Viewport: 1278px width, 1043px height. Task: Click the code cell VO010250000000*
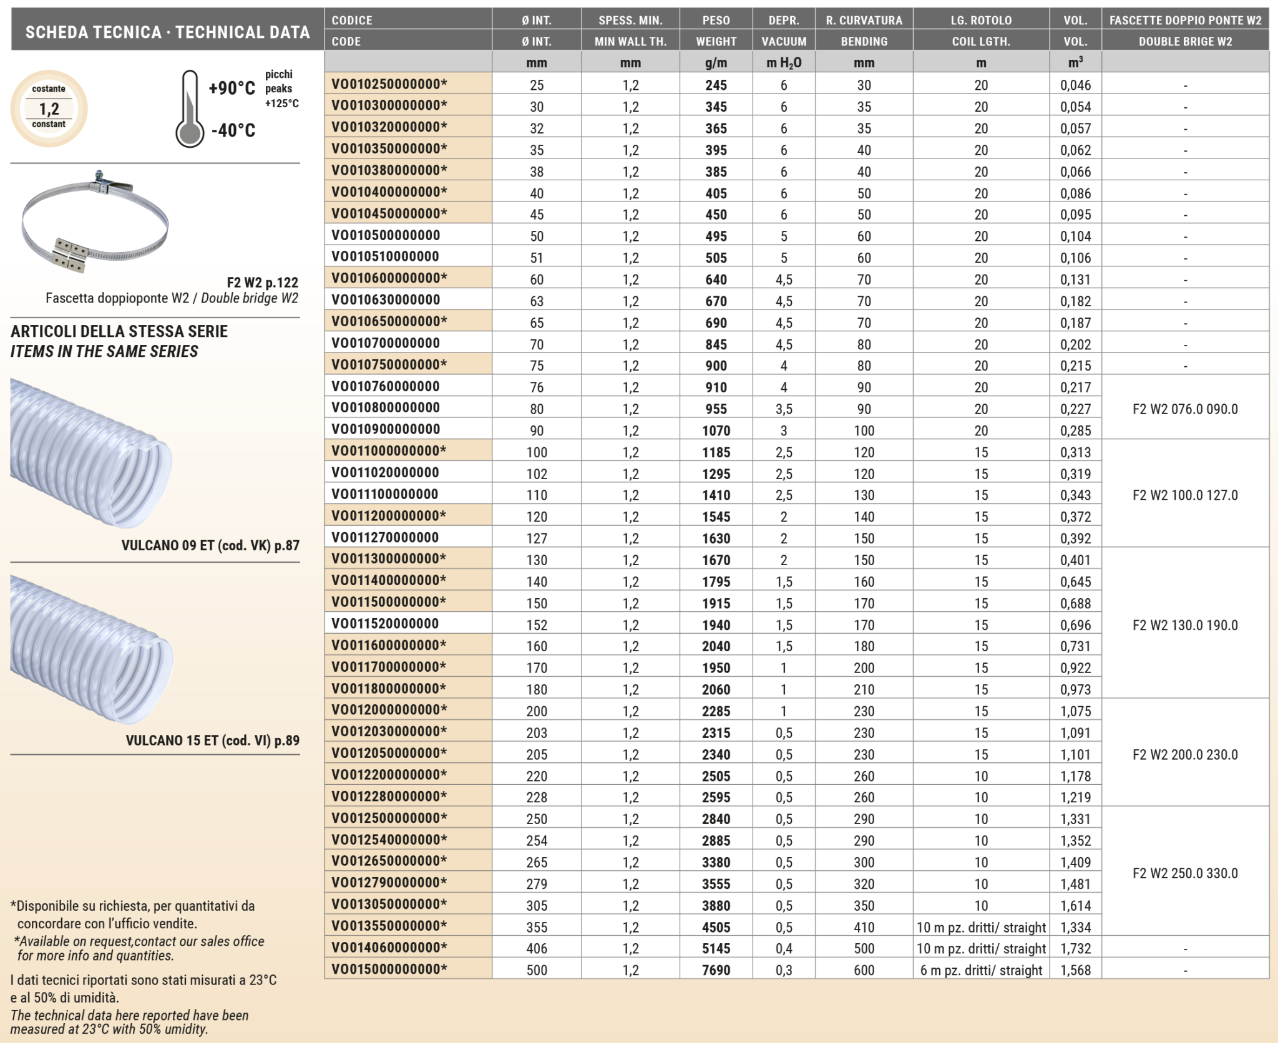389,84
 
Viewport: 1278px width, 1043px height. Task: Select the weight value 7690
716,970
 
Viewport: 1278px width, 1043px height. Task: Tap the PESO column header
716,20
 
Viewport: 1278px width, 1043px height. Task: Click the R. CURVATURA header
864,20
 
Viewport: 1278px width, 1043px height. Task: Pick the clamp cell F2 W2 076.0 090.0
1184,409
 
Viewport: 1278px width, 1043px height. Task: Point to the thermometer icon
190,110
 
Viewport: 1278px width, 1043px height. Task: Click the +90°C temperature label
232,88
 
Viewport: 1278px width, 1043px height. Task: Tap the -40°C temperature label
233,130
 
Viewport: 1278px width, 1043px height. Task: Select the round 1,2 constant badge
49,109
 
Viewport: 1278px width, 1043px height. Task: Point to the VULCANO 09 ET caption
210,545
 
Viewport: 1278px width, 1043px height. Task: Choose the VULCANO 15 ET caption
212,740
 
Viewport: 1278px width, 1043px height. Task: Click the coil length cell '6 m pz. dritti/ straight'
981,970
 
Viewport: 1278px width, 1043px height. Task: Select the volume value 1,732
1075,948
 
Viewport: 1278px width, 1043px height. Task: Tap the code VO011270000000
385,538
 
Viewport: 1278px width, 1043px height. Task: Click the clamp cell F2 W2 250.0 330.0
1184,873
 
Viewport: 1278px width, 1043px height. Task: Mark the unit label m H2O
784,62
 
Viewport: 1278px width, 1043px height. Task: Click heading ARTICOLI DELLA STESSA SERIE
119,331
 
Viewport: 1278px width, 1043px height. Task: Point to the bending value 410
864,927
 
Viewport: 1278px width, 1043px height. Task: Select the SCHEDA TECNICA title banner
167,32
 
